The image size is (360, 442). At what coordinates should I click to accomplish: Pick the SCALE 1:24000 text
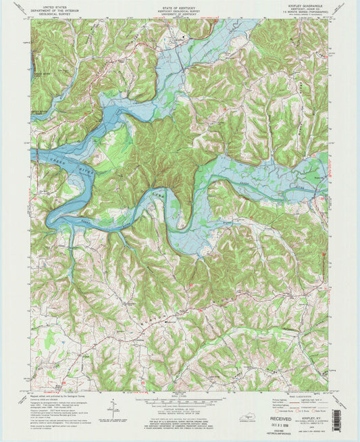(179, 394)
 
